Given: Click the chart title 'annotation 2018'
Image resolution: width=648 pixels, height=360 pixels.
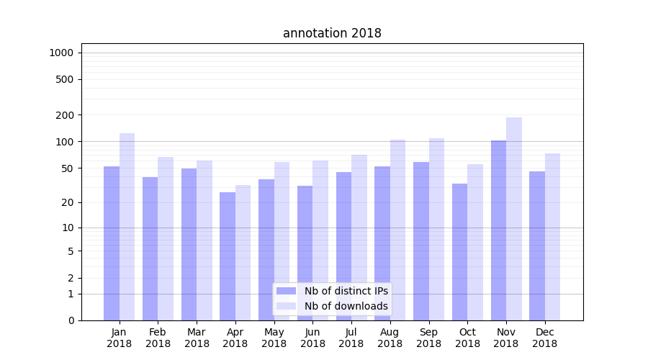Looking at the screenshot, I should (x=332, y=33).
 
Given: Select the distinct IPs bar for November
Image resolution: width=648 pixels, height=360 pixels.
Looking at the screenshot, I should (x=498, y=230).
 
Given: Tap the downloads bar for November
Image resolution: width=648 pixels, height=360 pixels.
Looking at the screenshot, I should (x=514, y=219).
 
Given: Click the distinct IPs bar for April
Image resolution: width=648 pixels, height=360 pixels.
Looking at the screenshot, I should (x=228, y=256).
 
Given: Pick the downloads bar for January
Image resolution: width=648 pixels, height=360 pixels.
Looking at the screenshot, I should (x=127, y=227).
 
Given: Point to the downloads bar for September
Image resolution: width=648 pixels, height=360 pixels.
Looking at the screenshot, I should (x=437, y=229).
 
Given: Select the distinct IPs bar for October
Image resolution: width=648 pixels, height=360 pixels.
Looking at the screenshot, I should (x=459, y=252).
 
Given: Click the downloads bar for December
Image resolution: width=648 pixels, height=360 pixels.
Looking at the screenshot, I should (x=553, y=237).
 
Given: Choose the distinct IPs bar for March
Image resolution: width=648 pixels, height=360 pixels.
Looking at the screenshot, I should (x=189, y=244).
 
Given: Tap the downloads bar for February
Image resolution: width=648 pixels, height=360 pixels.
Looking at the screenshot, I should (x=166, y=238).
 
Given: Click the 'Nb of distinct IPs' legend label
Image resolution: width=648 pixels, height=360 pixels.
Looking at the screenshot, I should (x=346, y=291).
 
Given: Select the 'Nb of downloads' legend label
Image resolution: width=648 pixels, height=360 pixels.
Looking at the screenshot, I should (x=346, y=306).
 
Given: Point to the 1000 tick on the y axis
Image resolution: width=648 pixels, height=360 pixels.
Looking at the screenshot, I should (x=61, y=53).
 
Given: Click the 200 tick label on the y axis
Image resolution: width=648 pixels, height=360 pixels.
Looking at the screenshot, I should (x=66, y=115).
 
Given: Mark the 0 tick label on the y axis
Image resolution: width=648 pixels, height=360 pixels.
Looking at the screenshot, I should (x=71, y=320).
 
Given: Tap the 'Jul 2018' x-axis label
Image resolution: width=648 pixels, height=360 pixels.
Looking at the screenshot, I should (x=351, y=338).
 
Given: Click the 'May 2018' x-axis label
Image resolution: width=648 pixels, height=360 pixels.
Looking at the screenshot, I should (x=274, y=338).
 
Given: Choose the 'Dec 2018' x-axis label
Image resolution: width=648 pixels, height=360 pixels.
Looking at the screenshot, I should (x=544, y=338).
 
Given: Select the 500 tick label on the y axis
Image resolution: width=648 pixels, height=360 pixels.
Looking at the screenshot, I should (x=66, y=79).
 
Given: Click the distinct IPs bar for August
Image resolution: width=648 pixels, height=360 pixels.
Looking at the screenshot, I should (x=382, y=243).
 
